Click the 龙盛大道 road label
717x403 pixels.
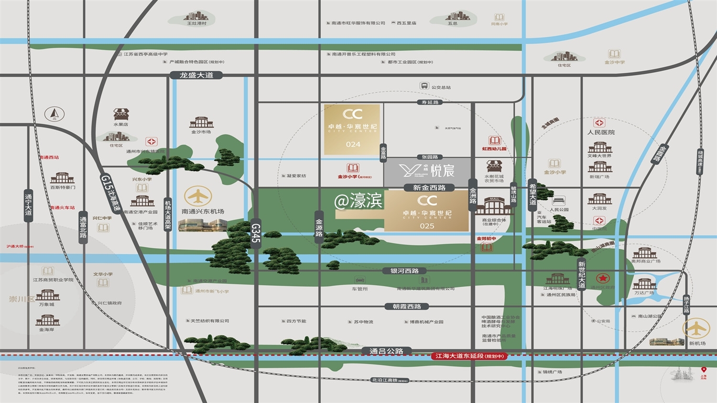tap(196, 75)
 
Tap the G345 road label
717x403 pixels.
tap(256, 233)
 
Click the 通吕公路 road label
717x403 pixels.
tap(386, 351)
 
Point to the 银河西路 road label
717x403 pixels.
tap(404, 271)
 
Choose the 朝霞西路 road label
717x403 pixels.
tap(407, 306)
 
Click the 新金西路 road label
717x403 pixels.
tap(429, 187)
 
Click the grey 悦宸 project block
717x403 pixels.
tap(428, 170)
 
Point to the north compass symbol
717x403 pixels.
tap(54, 114)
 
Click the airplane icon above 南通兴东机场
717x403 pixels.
tap(198, 196)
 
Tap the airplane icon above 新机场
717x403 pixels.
tap(696, 328)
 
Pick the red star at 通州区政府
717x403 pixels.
tap(601, 278)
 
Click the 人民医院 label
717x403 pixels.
tap(601, 132)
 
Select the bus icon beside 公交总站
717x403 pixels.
tap(424, 86)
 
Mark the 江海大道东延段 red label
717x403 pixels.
tap(469, 356)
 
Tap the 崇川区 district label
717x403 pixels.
tap(22, 299)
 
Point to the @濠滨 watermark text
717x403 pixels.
tap(358, 201)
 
